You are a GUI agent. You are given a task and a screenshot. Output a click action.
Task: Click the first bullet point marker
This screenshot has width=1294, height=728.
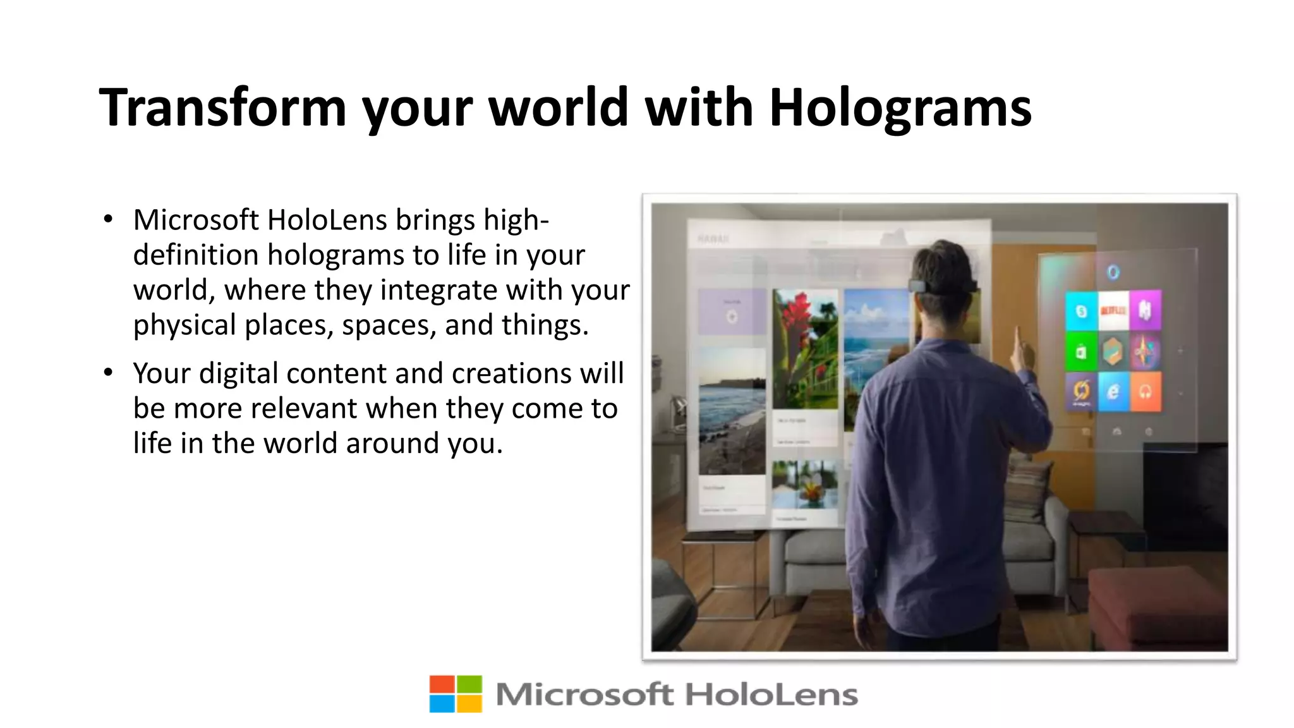click(x=109, y=219)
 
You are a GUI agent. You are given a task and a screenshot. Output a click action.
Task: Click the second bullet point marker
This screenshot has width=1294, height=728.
click(x=109, y=373)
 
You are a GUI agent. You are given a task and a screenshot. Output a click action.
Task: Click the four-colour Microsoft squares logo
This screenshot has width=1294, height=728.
click(x=456, y=694)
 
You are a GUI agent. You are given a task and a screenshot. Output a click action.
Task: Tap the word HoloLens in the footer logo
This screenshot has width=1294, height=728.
click(x=771, y=695)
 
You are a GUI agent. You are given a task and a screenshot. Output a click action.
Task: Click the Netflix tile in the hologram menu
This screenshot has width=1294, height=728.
click(x=1113, y=310)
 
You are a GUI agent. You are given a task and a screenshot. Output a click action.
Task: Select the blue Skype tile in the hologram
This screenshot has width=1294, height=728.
click(x=1081, y=311)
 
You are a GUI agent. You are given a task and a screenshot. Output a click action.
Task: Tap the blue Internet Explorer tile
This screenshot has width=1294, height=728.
click(x=1113, y=392)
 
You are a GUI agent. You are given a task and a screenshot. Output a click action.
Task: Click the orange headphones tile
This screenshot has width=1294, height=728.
click(x=1145, y=392)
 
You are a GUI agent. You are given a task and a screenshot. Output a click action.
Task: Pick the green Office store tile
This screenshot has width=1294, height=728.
click(x=1081, y=351)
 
